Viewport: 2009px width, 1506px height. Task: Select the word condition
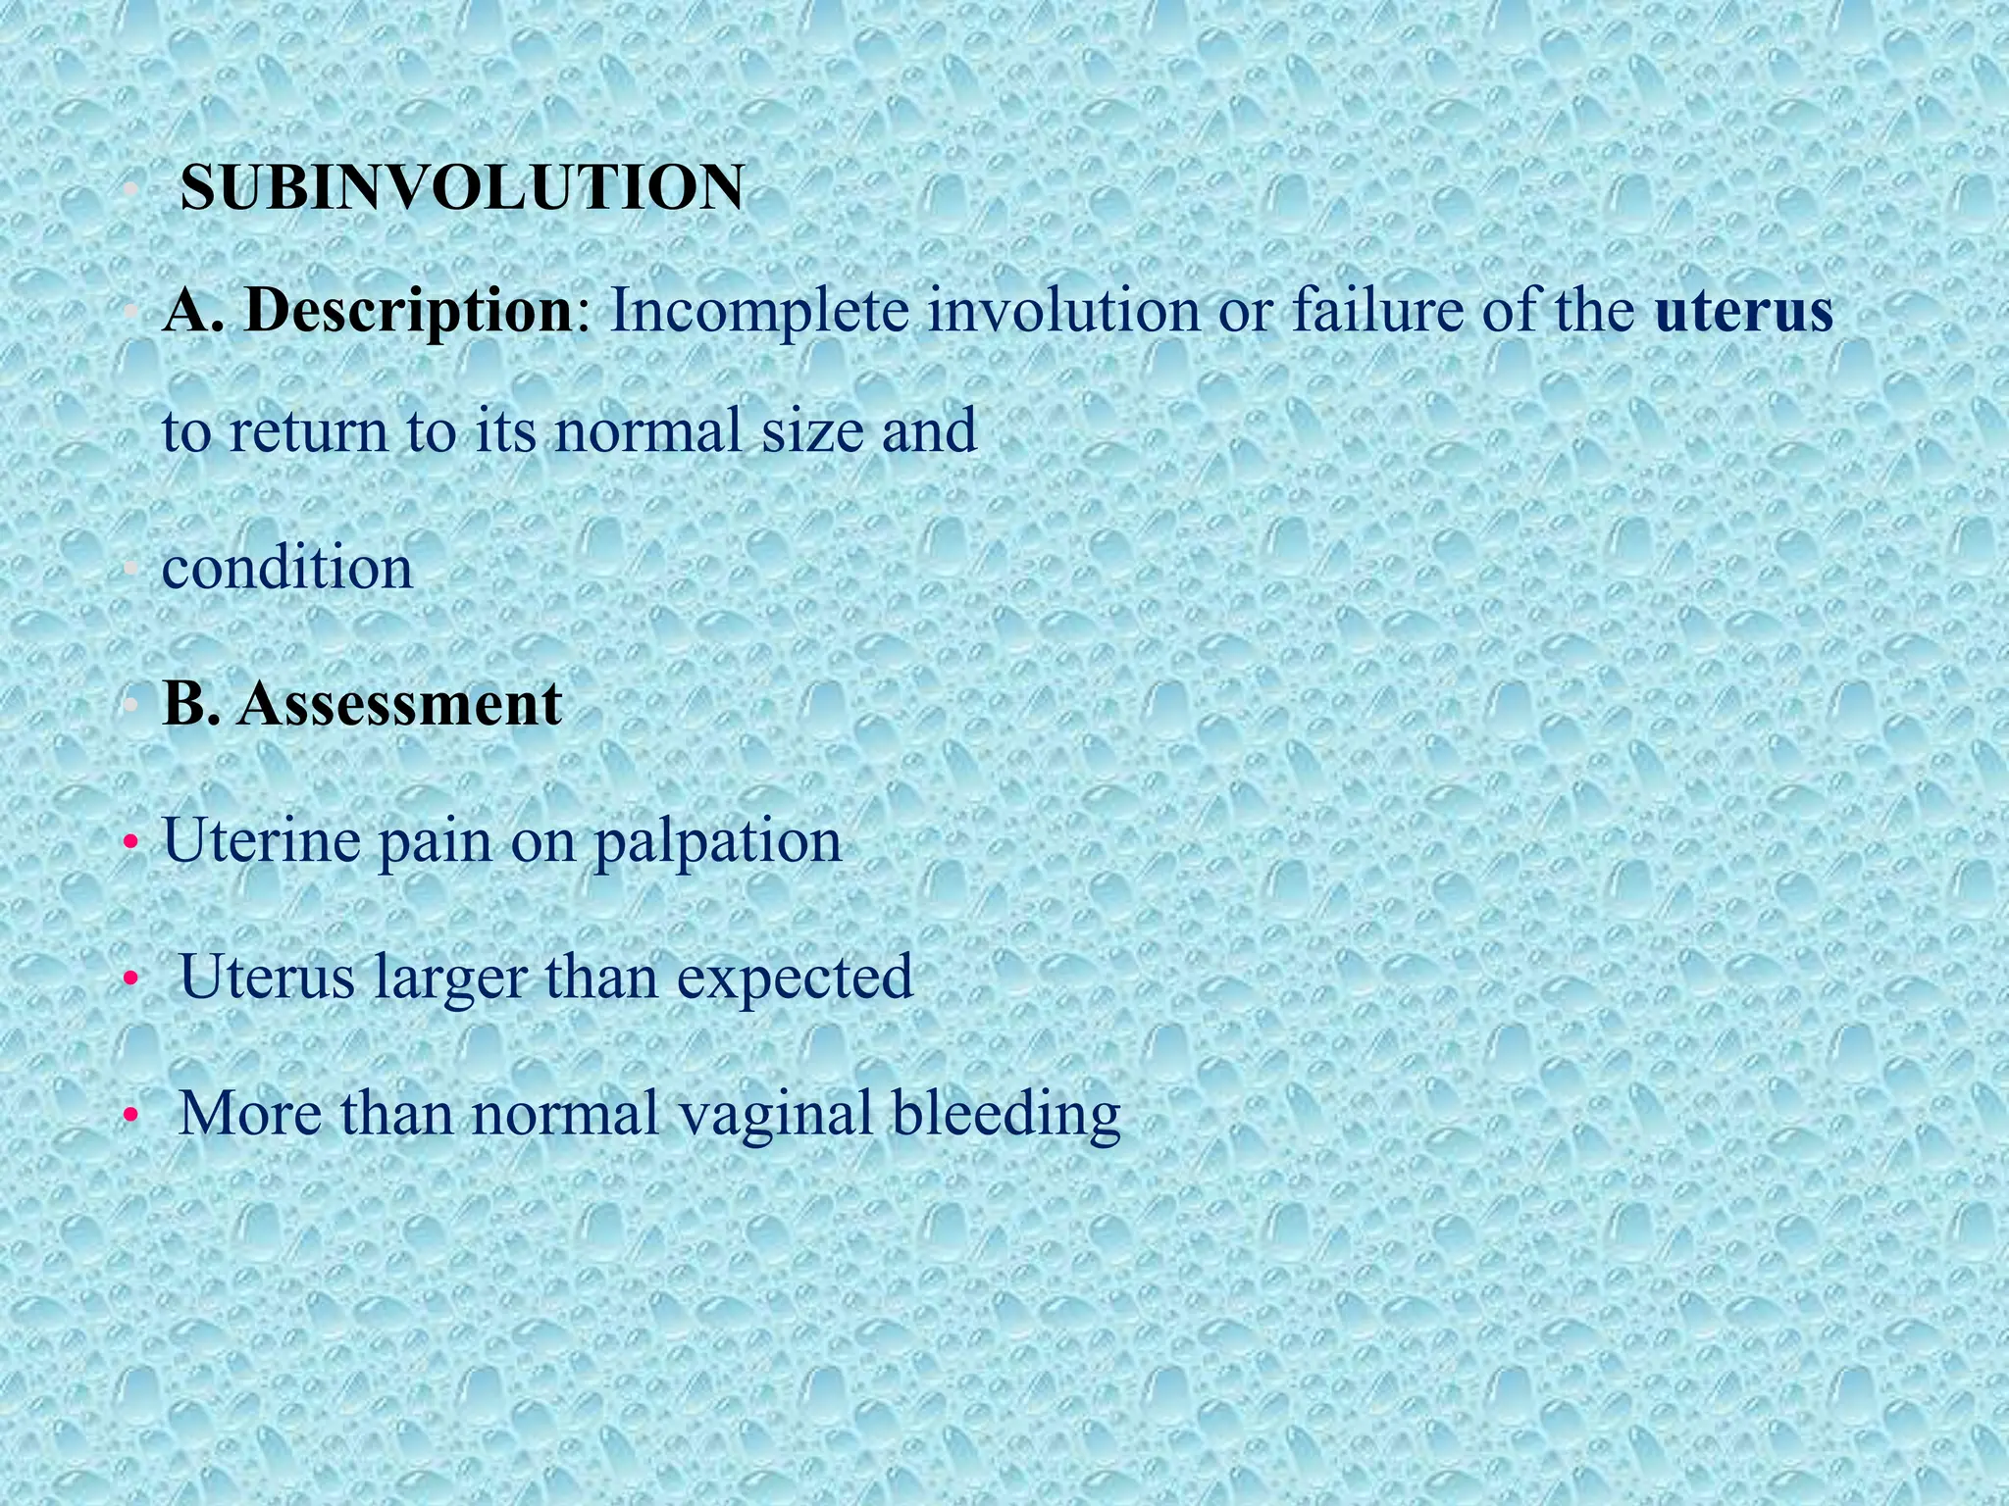point(287,568)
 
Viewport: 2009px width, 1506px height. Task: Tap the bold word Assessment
point(399,703)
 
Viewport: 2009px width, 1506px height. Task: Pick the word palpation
point(717,842)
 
